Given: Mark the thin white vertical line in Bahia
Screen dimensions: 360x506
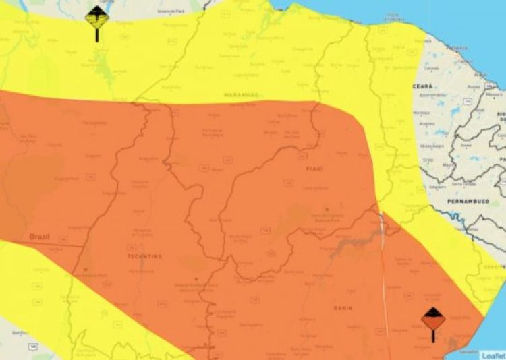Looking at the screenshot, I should [384, 270].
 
